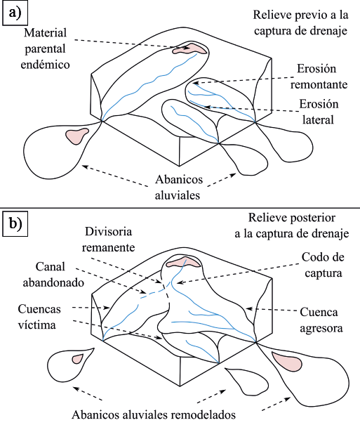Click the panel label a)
point(15,13)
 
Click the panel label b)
point(15,224)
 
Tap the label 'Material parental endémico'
point(45,48)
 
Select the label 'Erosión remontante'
point(319,77)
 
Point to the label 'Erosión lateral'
point(319,112)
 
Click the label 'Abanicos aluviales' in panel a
point(178,188)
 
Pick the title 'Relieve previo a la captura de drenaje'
point(300,22)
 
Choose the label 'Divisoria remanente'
point(108,240)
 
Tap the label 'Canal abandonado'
point(53,275)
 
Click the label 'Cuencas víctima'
point(39,317)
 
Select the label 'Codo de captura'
point(324,265)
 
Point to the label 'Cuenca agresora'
point(321,320)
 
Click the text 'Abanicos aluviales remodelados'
point(154,415)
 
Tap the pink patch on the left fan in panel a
point(77,136)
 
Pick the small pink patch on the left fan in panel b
point(77,359)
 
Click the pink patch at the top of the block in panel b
point(184,262)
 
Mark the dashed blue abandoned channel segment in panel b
point(153,292)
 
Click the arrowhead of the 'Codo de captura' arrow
point(179,282)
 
